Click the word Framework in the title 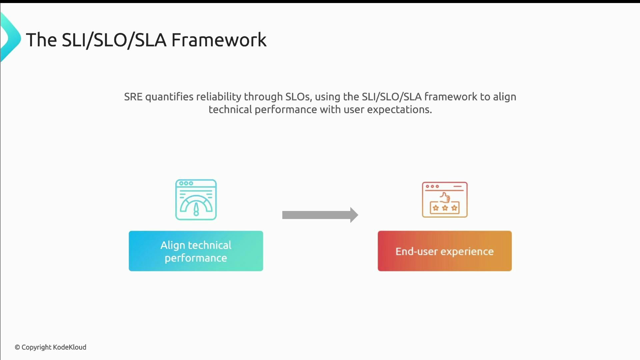pyautogui.click(x=219, y=40)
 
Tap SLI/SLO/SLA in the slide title pyautogui.click(x=114, y=40)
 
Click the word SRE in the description pyautogui.click(x=133, y=97)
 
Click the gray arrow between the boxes pyautogui.click(x=320, y=215)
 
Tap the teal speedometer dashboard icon pyautogui.click(x=196, y=200)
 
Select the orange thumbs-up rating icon pyautogui.click(x=445, y=200)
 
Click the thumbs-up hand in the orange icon pyautogui.click(x=445, y=197)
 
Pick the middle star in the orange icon pyautogui.click(x=445, y=208)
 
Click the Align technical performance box pyautogui.click(x=196, y=251)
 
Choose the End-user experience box pyautogui.click(x=445, y=251)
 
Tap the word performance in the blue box pyautogui.click(x=196, y=258)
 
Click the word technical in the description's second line pyautogui.click(x=230, y=110)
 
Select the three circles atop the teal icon pyautogui.click(x=186, y=183)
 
